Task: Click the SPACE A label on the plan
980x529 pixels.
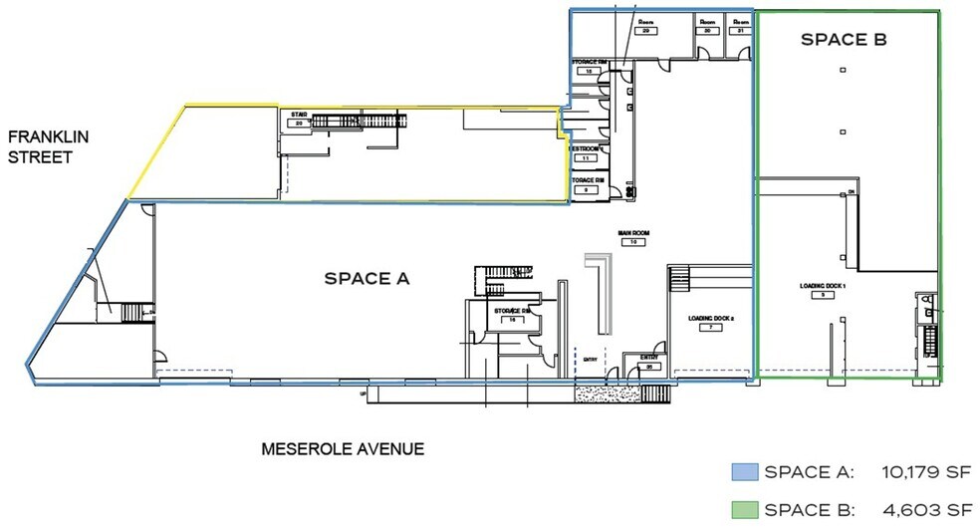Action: (x=367, y=279)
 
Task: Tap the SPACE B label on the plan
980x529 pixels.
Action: (x=845, y=41)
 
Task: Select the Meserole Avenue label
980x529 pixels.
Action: (x=343, y=449)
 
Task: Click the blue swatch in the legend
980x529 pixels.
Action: (x=745, y=471)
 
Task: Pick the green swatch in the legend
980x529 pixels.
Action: (x=745, y=509)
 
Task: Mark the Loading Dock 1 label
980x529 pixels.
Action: (x=822, y=287)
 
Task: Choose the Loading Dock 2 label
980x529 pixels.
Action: (x=711, y=319)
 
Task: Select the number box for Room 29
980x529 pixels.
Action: (x=645, y=31)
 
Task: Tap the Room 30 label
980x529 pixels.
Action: (x=708, y=22)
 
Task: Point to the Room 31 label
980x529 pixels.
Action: (x=740, y=22)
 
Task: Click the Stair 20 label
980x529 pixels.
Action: (x=297, y=116)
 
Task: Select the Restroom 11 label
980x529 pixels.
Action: (x=586, y=149)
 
